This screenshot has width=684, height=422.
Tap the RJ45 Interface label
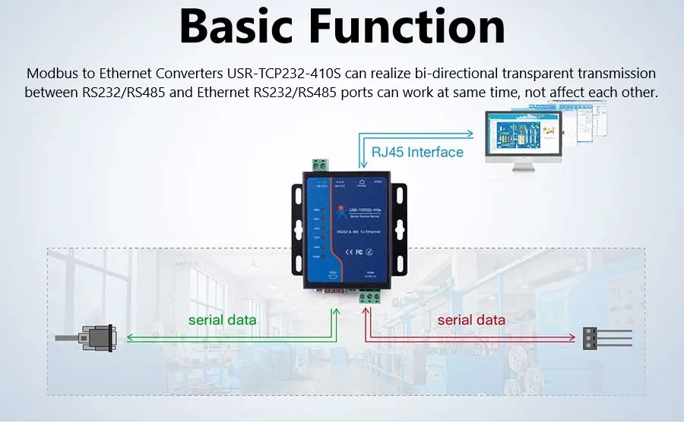coord(417,152)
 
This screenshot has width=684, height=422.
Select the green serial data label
coord(222,320)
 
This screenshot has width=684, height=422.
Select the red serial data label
coord(471,320)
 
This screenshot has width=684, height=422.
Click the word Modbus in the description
coord(49,74)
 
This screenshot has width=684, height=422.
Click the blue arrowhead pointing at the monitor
coord(476,131)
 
